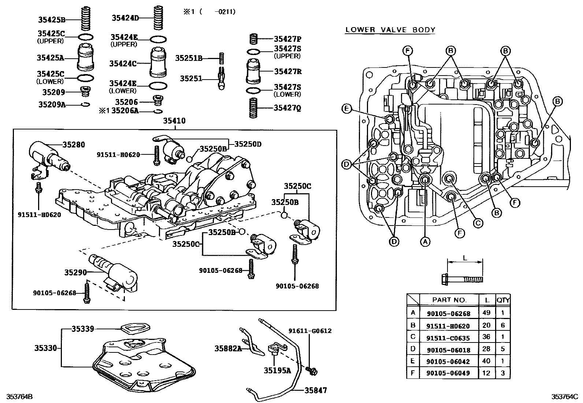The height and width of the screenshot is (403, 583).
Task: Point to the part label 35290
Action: click(x=75, y=272)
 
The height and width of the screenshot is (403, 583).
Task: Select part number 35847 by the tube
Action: click(x=315, y=391)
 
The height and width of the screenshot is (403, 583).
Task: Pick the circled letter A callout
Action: click(x=425, y=241)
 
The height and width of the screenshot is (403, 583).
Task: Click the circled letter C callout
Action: click(x=478, y=223)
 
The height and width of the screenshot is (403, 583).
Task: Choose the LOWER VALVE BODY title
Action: click(x=390, y=30)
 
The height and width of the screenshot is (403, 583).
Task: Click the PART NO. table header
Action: click(x=449, y=300)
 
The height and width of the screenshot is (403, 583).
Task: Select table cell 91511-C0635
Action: click(x=448, y=338)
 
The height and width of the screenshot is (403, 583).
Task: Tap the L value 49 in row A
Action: click(x=487, y=313)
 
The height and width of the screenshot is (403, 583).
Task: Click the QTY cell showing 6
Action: click(x=502, y=325)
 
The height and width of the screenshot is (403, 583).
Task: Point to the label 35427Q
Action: click(x=287, y=108)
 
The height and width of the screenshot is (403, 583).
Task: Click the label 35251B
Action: click(x=189, y=58)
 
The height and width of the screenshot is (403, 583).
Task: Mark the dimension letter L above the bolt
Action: click(x=465, y=258)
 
